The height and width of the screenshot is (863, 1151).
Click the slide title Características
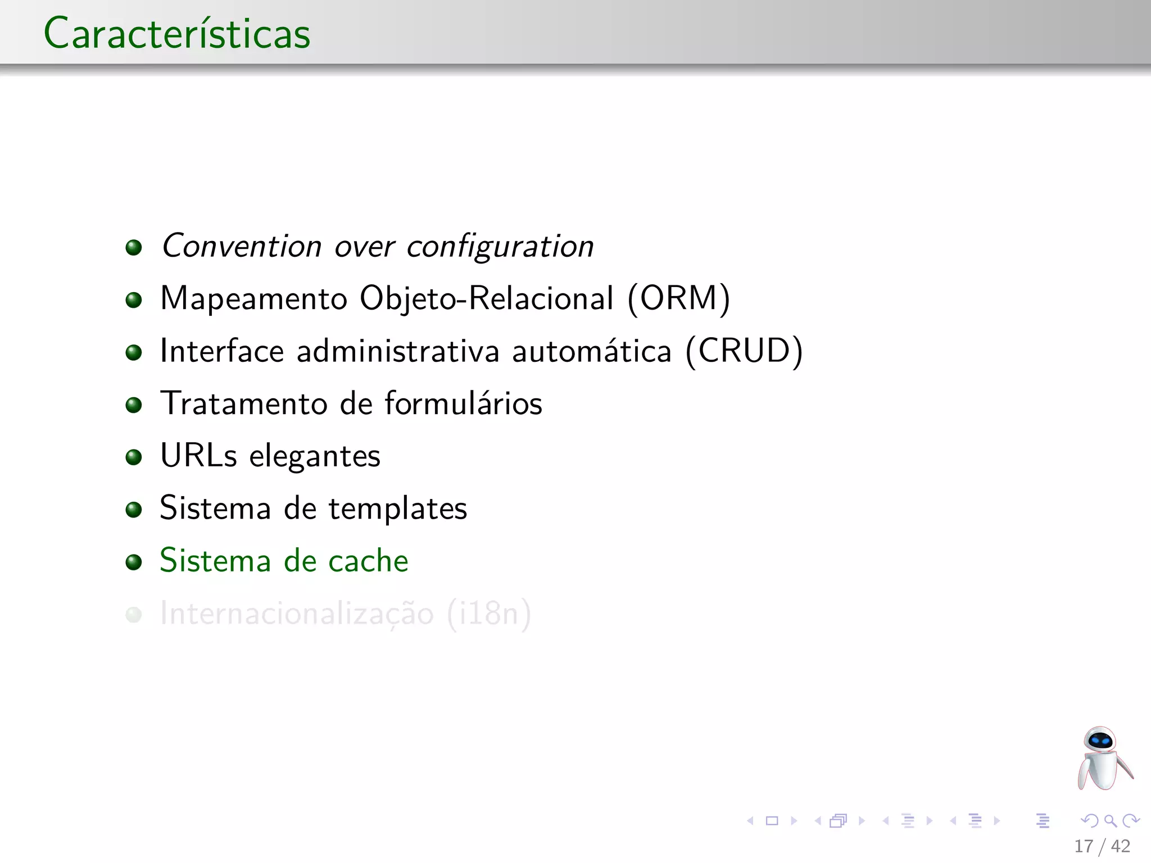click(177, 34)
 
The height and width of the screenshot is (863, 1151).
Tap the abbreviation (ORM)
click(679, 298)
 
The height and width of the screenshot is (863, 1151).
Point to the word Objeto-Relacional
click(487, 298)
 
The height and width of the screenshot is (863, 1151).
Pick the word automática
click(592, 351)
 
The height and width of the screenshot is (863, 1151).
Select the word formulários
click(464, 403)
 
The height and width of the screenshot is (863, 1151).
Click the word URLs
click(198, 456)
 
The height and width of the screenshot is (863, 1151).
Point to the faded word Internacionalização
click(297, 614)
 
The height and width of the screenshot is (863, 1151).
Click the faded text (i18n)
click(489, 614)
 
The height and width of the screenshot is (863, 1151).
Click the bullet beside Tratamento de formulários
click(134, 405)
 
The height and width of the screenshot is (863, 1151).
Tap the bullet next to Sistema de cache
click(134, 562)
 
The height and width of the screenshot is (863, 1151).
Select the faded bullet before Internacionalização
click(134, 615)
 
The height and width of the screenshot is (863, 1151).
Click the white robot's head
click(1100, 740)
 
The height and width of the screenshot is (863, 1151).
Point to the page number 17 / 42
click(1102, 846)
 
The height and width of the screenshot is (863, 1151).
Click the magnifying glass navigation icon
click(1110, 821)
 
